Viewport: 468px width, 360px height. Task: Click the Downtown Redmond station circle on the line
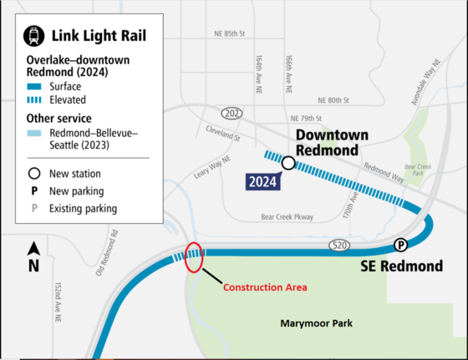[288, 164]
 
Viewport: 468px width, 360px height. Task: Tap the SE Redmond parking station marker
[401, 245]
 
